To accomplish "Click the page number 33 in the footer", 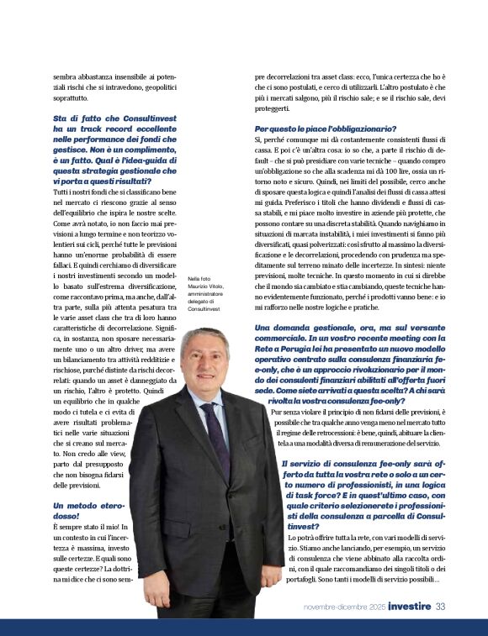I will (x=440, y=607).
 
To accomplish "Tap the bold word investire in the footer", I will (x=410, y=607).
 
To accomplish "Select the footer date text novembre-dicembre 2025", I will (x=345, y=607).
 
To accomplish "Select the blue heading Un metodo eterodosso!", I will (x=88, y=510).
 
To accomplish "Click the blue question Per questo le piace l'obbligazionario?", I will (x=313, y=128).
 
